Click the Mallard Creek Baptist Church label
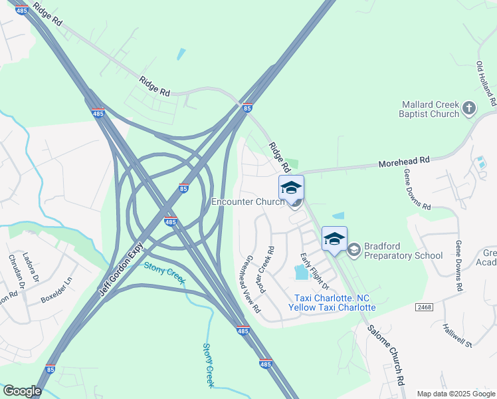pos(431,109)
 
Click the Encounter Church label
pos(248,201)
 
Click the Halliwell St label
pos(457,336)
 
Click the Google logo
pos(22,391)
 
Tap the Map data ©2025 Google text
pos(455,394)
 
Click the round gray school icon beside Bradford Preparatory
pos(353,249)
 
